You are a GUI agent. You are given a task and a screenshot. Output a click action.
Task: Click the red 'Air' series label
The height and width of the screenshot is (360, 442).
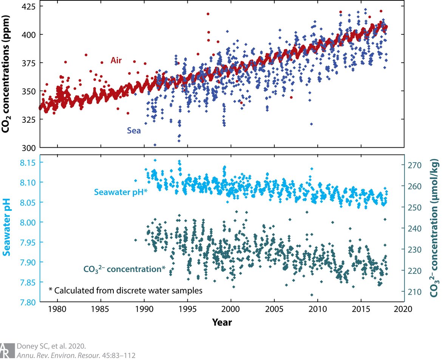point(116,60)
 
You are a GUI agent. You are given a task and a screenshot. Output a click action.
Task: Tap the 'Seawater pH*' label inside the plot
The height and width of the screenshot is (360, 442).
point(120,192)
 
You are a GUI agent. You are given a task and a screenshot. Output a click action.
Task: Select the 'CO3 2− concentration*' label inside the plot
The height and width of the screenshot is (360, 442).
point(124,269)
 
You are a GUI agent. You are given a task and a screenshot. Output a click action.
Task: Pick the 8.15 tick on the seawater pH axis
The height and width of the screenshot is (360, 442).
point(28,162)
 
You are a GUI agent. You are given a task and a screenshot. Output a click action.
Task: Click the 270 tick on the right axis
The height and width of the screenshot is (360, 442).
point(413,165)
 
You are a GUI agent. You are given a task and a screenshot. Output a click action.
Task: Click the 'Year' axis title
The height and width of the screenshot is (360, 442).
point(222,322)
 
